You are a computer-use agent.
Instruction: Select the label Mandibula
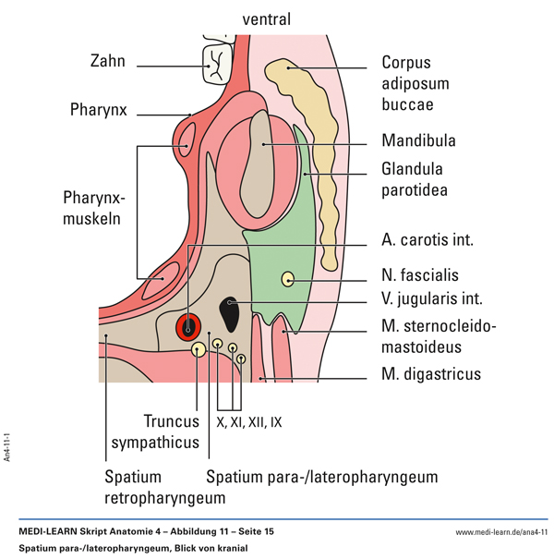tap(418, 142)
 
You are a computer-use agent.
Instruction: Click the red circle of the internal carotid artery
tap(189, 324)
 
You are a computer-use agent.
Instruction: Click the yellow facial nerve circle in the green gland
tap(288, 278)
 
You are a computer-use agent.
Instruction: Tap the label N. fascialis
tap(419, 274)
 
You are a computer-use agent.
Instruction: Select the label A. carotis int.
tap(427, 239)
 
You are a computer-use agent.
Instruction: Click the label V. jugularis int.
tap(433, 298)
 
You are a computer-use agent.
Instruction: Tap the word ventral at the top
tap(267, 18)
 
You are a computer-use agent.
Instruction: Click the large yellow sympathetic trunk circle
tap(199, 349)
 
